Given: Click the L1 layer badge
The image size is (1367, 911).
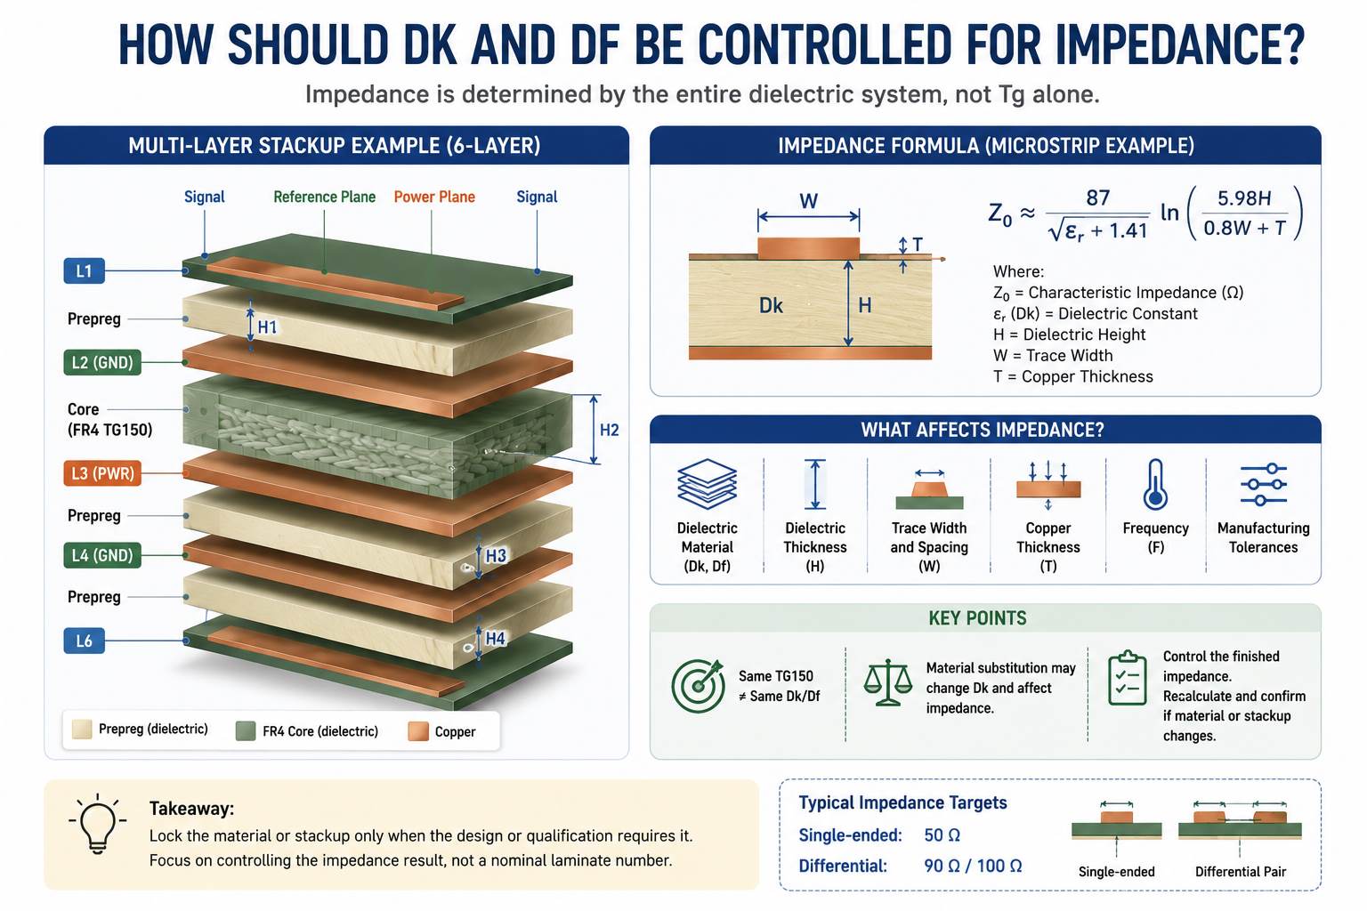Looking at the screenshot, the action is [x=85, y=271].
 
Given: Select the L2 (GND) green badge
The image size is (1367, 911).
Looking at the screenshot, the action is [x=102, y=362].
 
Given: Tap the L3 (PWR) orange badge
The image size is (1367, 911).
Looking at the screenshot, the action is [x=102, y=473].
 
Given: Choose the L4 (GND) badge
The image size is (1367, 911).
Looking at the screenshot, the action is [x=102, y=555].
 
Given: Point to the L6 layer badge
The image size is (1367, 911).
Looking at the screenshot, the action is [x=85, y=641].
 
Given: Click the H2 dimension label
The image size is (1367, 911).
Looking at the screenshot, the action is [x=609, y=431].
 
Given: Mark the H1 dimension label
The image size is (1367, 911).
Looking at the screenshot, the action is [x=267, y=327].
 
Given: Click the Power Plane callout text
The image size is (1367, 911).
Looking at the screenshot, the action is [x=434, y=198].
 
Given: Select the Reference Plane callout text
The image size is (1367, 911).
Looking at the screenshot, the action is [x=324, y=198].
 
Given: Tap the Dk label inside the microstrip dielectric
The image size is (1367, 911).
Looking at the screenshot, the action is [x=771, y=305].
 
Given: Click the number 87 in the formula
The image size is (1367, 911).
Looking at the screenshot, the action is [x=1097, y=198].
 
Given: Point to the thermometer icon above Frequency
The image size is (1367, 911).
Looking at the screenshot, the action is [x=1155, y=485].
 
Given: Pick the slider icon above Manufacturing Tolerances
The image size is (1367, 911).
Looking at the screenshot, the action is [x=1263, y=485].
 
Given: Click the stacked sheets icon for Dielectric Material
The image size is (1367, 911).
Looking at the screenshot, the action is [x=708, y=484].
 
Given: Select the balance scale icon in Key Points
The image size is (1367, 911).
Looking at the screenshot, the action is [x=888, y=682].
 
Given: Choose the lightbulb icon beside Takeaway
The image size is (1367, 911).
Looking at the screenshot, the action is [x=98, y=824].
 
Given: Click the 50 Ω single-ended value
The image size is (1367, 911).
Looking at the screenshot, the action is [x=942, y=834].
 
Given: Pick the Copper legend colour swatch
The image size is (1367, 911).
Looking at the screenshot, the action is [x=418, y=731].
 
